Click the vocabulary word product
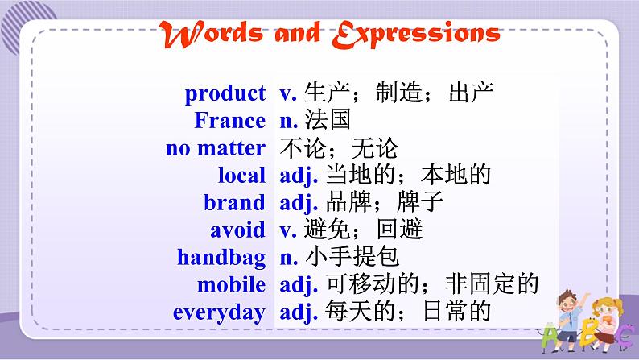[x=225, y=93]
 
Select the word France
[x=230, y=120]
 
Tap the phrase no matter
[x=216, y=147]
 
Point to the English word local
[x=241, y=175]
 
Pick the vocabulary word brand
[x=235, y=202]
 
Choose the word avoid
[x=237, y=230]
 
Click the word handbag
[x=221, y=258]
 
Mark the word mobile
[x=231, y=284]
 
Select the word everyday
[x=219, y=312]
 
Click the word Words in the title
[x=211, y=35]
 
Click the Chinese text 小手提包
[x=352, y=256]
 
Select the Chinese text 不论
[x=303, y=147]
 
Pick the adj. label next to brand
[x=299, y=203]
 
